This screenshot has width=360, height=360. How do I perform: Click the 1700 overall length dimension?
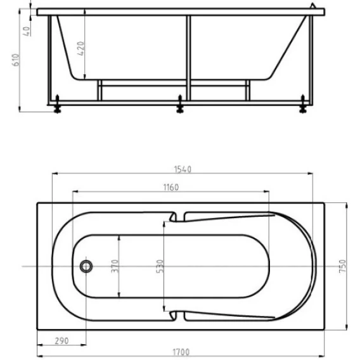tap(181, 352)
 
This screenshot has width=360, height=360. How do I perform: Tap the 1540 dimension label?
tap(183, 169)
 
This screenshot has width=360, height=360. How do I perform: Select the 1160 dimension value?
tap(171, 188)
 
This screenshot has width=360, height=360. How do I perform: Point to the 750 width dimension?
tap(342, 266)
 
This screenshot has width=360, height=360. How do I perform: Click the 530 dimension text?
tap(160, 266)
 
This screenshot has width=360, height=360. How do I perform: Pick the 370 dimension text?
tap(115, 266)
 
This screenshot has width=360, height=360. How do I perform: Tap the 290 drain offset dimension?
tap(61, 341)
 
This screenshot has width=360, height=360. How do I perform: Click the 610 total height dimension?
tap(16, 60)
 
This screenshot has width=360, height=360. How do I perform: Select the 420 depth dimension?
tap(80, 48)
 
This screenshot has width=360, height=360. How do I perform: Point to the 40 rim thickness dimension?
tap(27, 31)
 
